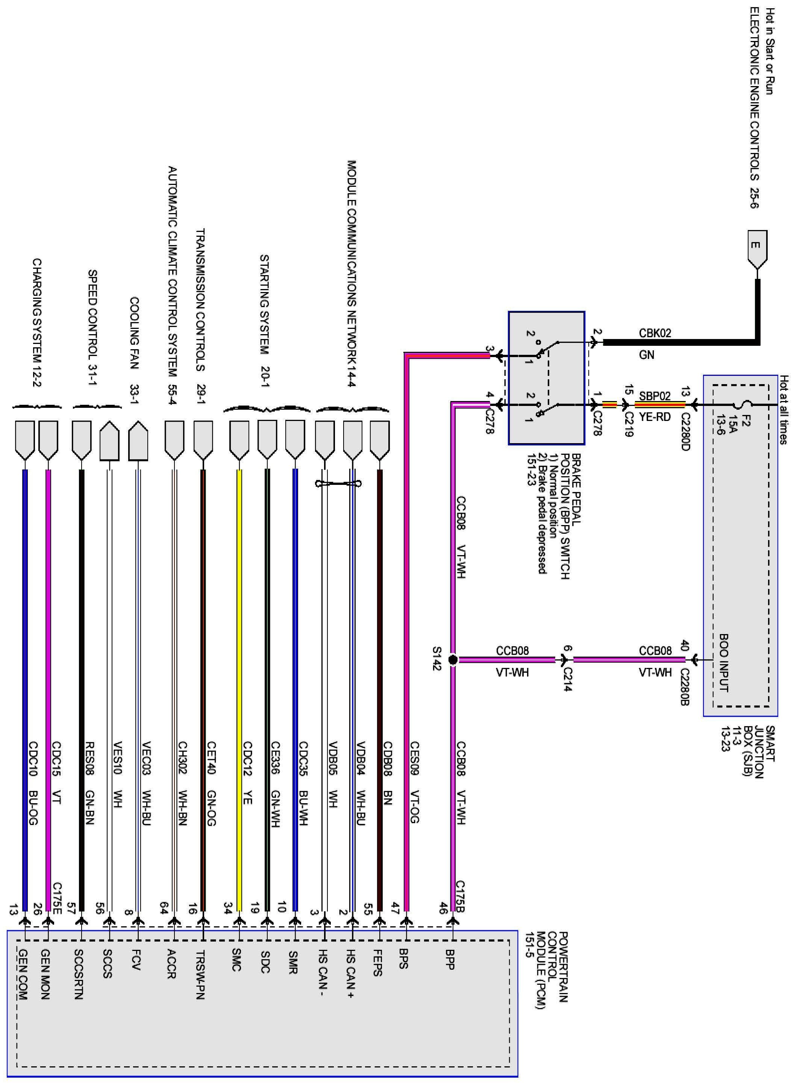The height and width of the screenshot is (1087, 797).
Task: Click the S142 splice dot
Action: (x=453, y=660)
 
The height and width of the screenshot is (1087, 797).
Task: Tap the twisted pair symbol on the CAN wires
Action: (x=338, y=483)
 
